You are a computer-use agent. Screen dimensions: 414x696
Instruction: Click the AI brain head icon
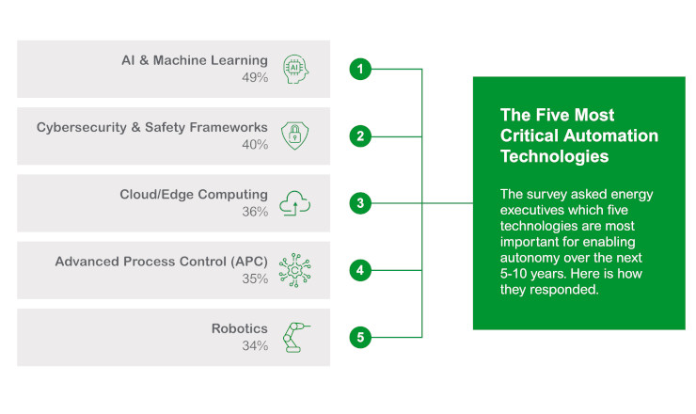point(294,69)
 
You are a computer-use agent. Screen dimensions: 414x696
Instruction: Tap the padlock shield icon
point(294,135)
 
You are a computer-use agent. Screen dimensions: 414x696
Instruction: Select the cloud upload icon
point(294,202)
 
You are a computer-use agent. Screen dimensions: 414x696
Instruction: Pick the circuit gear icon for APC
point(294,269)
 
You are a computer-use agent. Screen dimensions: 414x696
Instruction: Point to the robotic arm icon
point(294,336)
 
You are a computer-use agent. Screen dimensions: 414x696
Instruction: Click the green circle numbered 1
point(358,69)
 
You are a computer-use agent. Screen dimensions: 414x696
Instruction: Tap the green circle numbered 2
point(358,135)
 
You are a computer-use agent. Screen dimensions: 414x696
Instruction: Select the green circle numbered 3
point(358,202)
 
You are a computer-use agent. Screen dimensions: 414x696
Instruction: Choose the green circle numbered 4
point(358,269)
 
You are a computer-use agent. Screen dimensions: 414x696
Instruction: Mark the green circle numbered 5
point(358,336)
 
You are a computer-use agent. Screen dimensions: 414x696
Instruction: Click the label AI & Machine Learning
point(194,60)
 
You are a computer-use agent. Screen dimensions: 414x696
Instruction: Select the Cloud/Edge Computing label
point(193,194)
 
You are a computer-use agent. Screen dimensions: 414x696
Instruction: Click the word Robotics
point(239,328)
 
